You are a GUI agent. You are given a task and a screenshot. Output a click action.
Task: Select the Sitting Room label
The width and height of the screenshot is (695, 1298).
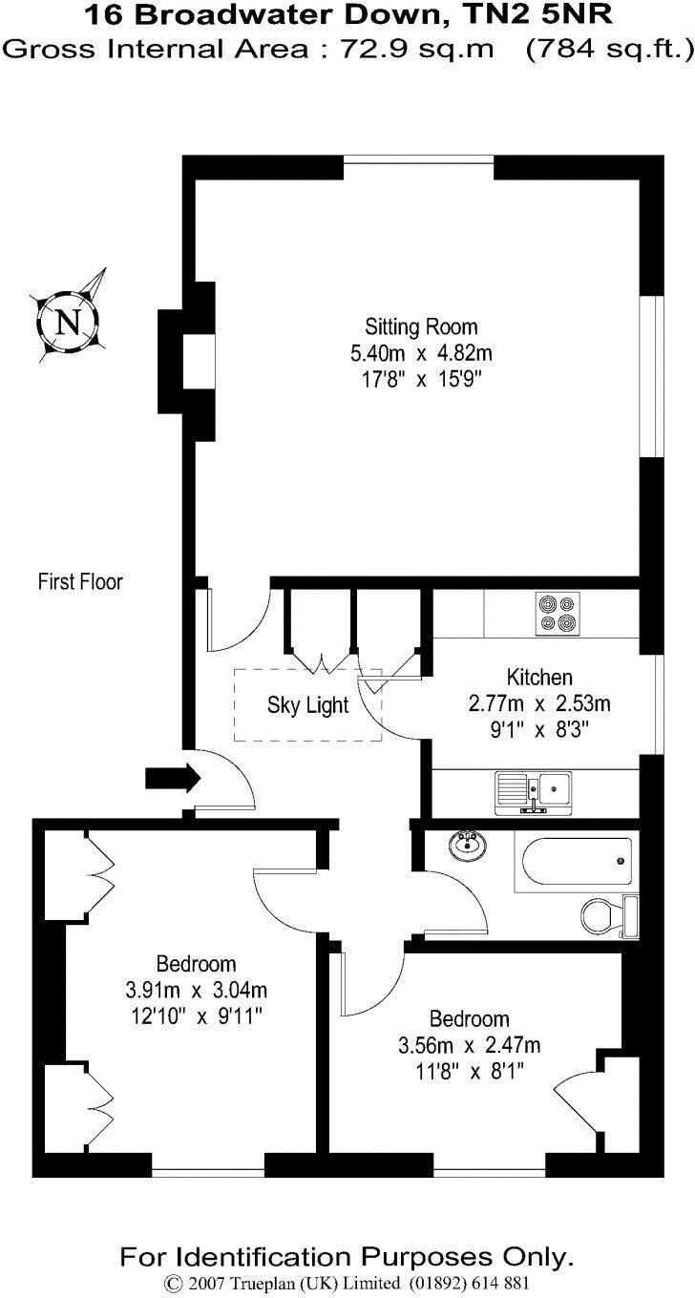[421, 327]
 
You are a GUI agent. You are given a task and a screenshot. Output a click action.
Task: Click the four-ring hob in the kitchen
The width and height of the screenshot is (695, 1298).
[558, 614]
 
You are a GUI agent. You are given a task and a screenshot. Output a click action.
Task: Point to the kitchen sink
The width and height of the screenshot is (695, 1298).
[534, 791]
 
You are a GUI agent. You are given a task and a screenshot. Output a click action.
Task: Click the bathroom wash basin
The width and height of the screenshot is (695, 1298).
[467, 843]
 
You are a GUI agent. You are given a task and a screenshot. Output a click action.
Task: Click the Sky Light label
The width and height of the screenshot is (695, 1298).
[307, 706]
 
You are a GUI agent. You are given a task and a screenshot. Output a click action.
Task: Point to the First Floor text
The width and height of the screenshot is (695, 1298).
[80, 581]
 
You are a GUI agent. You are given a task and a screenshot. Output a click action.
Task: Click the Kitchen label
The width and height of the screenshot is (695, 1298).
[539, 678]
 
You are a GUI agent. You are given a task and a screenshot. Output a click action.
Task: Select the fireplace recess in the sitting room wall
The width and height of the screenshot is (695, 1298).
[198, 362]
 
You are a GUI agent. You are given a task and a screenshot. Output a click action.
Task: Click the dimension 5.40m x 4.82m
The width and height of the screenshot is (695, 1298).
[421, 353]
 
